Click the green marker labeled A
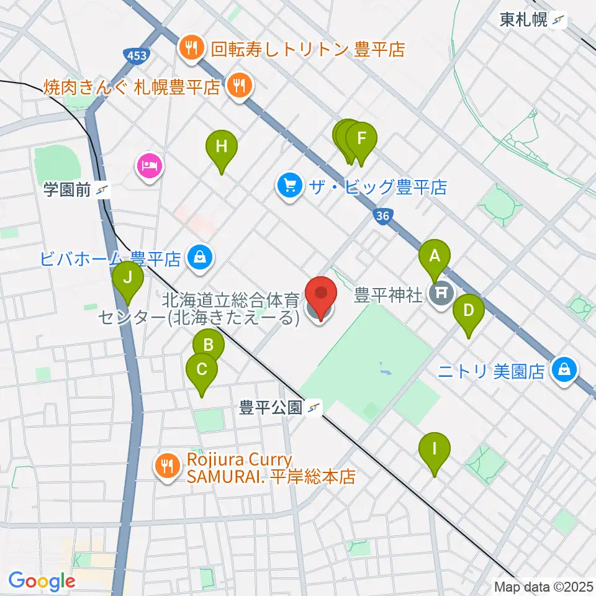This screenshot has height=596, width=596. coord(435,256)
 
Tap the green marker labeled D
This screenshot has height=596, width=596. coord(469,310)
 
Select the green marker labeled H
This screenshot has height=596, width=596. coord(222,147)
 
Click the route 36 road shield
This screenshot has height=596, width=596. coord(383,216)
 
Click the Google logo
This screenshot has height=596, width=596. coord(42,581)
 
